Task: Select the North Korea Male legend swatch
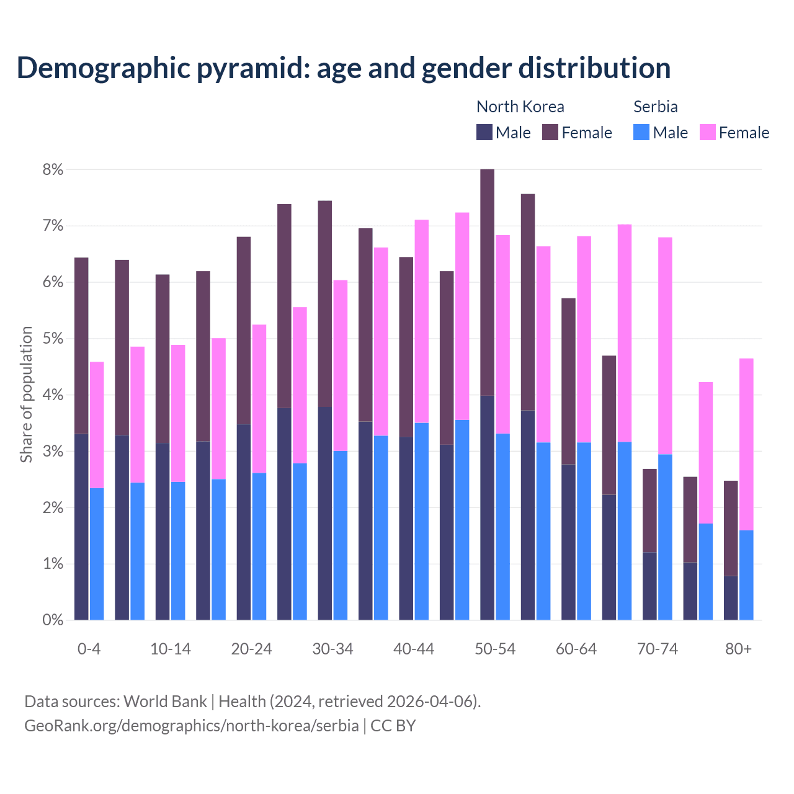(x=484, y=132)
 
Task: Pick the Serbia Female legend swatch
(x=707, y=132)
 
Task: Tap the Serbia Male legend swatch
(x=641, y=132)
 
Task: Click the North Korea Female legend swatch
(x=550, y=132)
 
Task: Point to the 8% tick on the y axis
(x=53, y=169)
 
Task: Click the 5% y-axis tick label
(x=53, y=339)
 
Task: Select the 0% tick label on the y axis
(x=53, y=620)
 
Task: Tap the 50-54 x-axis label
(x=495, y=649)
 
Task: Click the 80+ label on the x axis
(x=738, y=649)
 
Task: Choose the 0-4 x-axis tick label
(x=89, y=649)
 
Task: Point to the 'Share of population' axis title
(x=26, y=395)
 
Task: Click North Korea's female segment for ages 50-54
(x=488, y=282)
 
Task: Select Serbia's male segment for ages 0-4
(x=97, y=554)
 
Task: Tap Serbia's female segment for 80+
(x=746, y=444)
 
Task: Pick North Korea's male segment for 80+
(x=731, y=598)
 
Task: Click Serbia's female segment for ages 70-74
(x=665, y=346)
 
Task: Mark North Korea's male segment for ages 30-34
(x=325, y=513)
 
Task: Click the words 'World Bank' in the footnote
(x=165, y=702)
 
